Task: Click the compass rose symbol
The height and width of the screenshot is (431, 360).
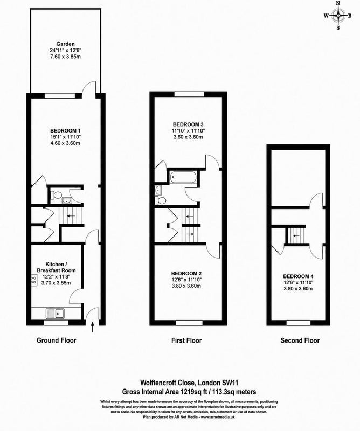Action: pyautogui.click(x=338, y=16)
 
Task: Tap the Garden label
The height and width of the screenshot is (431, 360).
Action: pyautogui.click(x=65, y=44)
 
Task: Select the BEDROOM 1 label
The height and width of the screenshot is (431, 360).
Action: pyautogui.click(x=65, y=130)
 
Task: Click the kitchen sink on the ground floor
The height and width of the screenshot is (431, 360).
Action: pyautogui.click(x=56, y=313)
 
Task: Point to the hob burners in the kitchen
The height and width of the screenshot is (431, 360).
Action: pyautogui.click(x=34, y=280)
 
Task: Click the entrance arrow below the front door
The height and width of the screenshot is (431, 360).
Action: pyautogui.click(x=92, y=327)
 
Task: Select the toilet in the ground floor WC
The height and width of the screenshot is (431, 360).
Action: pyautogui.click(x=56, y=195)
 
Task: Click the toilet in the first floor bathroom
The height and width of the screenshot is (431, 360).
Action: pyautogui.click(x=160, y=200)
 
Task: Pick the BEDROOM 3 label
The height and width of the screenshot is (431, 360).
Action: pyautogui.click(x=188, y=124)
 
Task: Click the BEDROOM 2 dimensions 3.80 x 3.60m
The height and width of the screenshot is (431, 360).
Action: pyautogui.click(x=186, y=286)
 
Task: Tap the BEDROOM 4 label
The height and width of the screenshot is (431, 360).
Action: pyautogui.click(x=298, y=276)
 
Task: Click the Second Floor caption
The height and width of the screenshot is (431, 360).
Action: pyautogui.click(x=300, y=340)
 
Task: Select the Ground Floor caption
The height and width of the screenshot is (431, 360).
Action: pyautogui.click(x=57, y=340)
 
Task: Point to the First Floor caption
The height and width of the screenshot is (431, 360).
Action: pyautogui.click(x=186, y=340)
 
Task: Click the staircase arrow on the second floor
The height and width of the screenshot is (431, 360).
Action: pyautogui.click(x=296, y=235)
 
